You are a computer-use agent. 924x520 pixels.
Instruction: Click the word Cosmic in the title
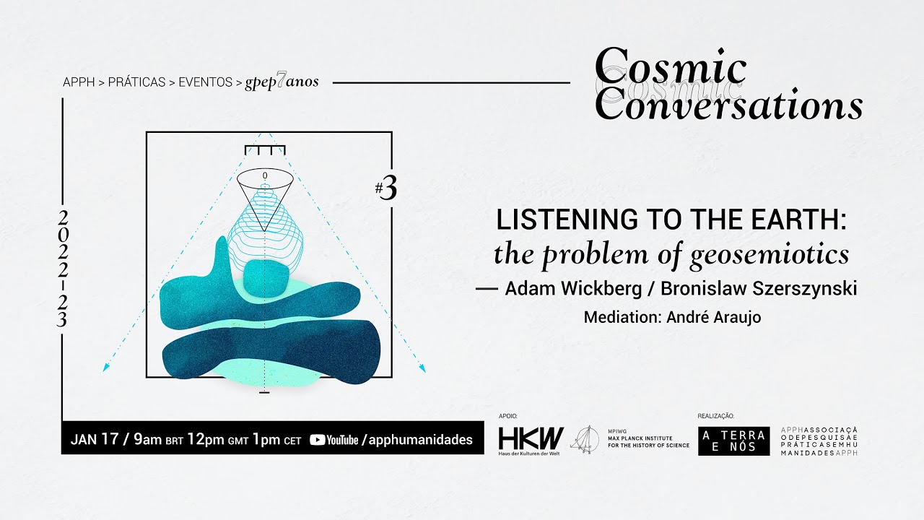pos(671,69)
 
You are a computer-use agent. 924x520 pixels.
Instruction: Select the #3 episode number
pos(386,188)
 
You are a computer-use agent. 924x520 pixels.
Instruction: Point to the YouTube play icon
pos(317,440)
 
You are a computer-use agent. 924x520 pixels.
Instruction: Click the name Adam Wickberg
pos(573,289)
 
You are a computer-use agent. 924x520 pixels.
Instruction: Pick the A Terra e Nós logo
pos(733,441)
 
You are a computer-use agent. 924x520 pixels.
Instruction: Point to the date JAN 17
pos(95,440)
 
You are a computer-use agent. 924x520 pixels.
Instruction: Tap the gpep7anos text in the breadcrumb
pos(282,82)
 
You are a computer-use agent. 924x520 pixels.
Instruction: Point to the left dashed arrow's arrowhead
pos(106,368)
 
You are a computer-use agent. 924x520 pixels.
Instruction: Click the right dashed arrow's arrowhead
pos(422,368)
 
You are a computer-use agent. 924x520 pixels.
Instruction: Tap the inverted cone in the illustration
pos(265,199)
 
